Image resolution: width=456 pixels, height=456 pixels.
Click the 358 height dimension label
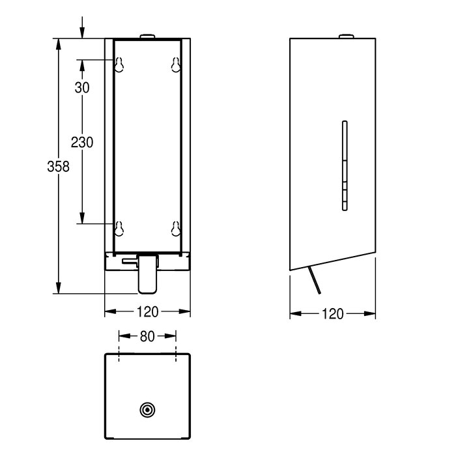click(x=59, y=167)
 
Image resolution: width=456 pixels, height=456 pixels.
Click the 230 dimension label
click(x=83, y=142)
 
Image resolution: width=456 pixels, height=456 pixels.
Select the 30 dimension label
click(x=81, y=88)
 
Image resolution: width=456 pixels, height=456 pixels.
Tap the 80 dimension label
click(x=148, y=337)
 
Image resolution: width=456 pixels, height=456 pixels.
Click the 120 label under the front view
click(x=148, y=312)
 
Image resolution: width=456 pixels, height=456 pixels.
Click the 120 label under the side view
click(x=333, y=314)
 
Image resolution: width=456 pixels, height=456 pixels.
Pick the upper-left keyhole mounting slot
click(x=119, y=64)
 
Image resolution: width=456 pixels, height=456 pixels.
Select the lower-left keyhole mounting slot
click(x=119, y=227)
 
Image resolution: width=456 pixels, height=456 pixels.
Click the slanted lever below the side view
click(x=316, y=282)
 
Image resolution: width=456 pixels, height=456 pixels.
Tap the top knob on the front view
click(x=148, y=36)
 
